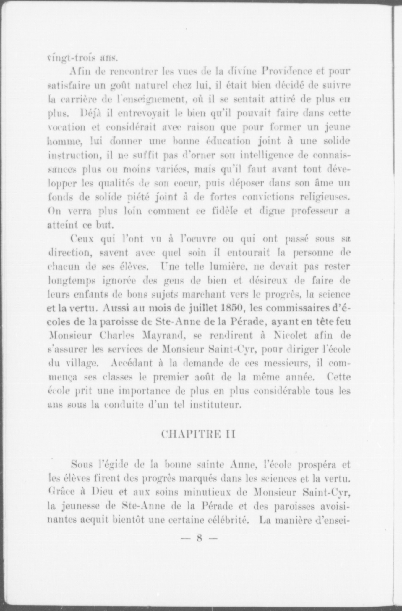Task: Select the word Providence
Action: [x=288, y=72]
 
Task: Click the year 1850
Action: [x=232, y=308]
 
